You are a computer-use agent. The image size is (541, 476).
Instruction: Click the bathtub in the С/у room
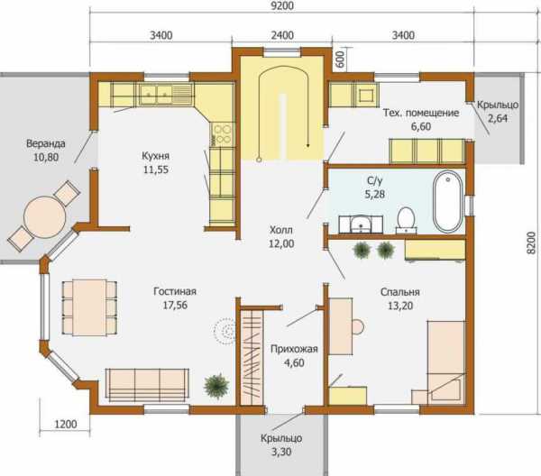click(x=448, y=202)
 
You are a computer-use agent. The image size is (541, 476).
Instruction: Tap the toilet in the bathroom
click(x=406, y=220)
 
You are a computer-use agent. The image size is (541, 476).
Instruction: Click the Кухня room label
click(x=156, y=156)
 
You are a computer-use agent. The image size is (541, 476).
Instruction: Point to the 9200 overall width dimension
click(x=282, y=6)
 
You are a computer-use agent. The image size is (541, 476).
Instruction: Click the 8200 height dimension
click(x=532, y=243)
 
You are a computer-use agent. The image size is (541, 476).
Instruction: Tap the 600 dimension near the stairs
click(x=340, y=59)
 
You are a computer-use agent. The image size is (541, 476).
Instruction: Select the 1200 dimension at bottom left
click(x=66, y=424)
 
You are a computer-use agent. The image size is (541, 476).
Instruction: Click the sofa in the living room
click(x=147, y=385)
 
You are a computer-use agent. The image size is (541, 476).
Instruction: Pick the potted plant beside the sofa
click(x=216, y=386)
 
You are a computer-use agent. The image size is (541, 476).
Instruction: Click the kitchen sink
click(x=156, y=94)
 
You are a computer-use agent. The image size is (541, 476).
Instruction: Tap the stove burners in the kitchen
click(x=222, y=133)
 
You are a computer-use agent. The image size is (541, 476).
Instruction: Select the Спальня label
click(x=400, y=292)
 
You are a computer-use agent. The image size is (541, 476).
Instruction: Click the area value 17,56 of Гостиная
click(x=175, y=306)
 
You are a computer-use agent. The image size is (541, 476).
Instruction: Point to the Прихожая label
click(x=294, y=349)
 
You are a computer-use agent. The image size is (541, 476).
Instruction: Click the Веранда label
click(x=46, y=143)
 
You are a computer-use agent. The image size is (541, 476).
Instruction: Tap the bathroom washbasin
click(x=361, y=224)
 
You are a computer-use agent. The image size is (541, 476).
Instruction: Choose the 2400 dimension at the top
click(x=282, y=35)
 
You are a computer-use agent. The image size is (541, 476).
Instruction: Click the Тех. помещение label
click(x=421, y=113)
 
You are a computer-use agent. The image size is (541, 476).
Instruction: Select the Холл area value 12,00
click(x=281, y=243)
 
